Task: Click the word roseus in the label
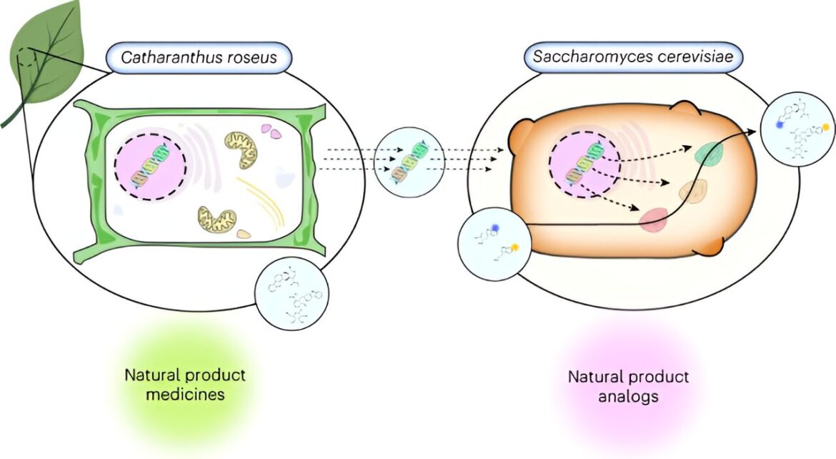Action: (x=251, y=58)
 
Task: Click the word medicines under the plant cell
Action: (x=185, y=395)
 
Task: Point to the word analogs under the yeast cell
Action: (x=628, y=397)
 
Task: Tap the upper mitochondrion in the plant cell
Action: (x=241, y=151)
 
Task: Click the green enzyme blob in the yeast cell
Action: (x=709, y=153)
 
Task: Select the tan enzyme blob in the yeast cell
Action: (x=693, y=191)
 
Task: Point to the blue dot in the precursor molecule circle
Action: (x=495, y=228)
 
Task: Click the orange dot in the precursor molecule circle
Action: (x=515, y=247)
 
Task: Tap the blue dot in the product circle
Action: (x=778, y=124)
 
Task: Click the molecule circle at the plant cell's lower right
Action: (x=292, y=294)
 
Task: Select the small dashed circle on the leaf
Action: (x=24, y=56)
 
